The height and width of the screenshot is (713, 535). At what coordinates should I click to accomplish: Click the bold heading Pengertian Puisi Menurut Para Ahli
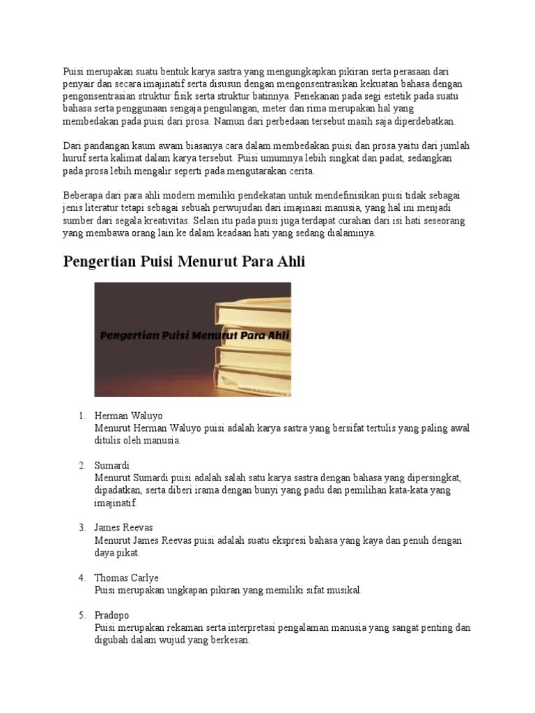pyautogui.click(x=184, y=263)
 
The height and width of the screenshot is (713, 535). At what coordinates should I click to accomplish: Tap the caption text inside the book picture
pyautogui.click(x=194, y=336)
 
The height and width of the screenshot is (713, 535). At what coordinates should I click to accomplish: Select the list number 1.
pyautogui.click(x=82, y=416)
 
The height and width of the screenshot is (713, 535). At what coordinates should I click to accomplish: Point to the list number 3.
pyautogui.click(x=82, y=528)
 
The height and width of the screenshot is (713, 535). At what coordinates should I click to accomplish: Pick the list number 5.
pyautogui.click(x=82, y=616)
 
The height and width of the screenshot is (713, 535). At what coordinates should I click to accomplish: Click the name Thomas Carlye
pyautogui.click(x=126, y=578)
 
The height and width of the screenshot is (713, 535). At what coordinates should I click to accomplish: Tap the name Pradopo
pyautogui.click(x=111, y=616)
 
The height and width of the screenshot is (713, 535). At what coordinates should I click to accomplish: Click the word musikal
pyautogui.click(x=343, y=590)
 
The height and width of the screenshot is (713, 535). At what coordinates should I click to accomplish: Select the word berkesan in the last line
pyautogui.click(x=226, y=641)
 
